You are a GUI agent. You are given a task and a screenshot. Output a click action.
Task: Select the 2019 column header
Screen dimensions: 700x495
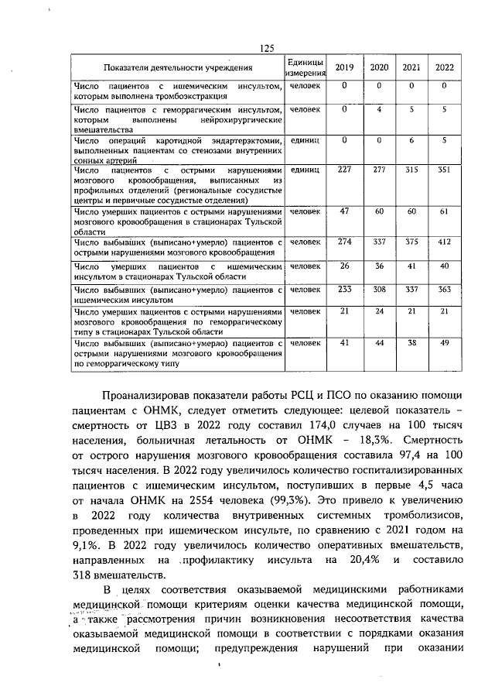pos(344,67)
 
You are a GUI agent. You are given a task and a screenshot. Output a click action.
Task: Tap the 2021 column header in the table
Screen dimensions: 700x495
pos(411,67)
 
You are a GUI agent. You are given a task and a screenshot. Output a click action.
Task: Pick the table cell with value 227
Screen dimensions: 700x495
pos(344,170)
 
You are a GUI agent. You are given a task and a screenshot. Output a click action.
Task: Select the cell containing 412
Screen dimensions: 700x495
pos(444,242)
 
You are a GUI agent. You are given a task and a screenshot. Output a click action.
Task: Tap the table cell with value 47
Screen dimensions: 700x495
pos(344,211)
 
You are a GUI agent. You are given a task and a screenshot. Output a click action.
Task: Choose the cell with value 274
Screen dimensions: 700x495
pos(344,242)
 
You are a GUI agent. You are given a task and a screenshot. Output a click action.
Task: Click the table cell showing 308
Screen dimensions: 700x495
pos(379,290)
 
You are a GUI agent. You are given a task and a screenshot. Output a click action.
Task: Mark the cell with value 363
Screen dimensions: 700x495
pos(444,290)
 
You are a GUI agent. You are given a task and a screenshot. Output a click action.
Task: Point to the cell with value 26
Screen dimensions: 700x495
pos(344,266)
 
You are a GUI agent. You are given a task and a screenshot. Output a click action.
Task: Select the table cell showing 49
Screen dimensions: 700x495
pos(444,341)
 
